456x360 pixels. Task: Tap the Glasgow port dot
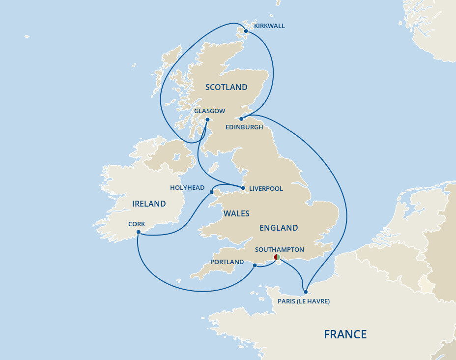click(207, 120)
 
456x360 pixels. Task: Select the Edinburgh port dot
click(241, 119)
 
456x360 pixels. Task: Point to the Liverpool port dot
click(243, 188)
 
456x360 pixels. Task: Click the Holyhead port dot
click(212, 192)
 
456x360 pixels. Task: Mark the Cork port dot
click(139, 232)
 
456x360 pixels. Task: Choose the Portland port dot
click(255, 266)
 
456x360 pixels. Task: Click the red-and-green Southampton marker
click(277, 257)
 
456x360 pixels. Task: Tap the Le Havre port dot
click(306, 292)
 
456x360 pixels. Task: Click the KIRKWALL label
click(269, 26)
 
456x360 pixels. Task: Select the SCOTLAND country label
click(226, 88)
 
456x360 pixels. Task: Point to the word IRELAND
click(149, 204)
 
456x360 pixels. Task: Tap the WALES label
click(236, 213)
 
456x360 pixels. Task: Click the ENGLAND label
click(279, 228)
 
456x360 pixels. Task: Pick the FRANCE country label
click(345, 334)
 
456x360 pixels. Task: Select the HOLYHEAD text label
click(187, 188)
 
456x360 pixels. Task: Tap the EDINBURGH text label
click(244, 127)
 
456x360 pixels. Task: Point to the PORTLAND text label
click(227, 262)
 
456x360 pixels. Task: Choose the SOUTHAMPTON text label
click(280, 250)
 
